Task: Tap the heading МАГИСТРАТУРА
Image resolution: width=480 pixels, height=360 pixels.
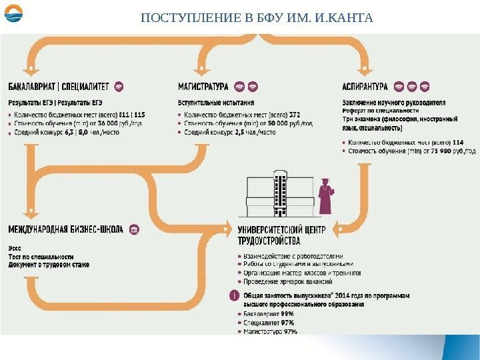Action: click(x=203, y=87)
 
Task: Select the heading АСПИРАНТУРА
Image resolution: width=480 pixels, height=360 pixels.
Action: click(x=364, y=87)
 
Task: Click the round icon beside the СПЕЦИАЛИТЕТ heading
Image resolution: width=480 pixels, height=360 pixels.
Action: click(x=119, y=87)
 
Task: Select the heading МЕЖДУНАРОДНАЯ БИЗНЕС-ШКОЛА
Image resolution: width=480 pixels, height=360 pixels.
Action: click(x=65, y=229)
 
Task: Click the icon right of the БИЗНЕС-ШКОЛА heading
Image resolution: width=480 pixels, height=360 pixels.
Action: click(x=133, y=229)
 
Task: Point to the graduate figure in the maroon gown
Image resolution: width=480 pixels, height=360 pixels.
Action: click(x=326, y=196)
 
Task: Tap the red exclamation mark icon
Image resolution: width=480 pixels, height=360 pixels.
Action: click(x=234, y=295)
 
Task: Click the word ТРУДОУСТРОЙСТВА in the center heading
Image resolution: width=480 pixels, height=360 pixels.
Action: click(x=269, y=241)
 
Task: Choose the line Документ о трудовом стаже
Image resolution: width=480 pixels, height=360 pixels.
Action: click(x=49, y=265)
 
